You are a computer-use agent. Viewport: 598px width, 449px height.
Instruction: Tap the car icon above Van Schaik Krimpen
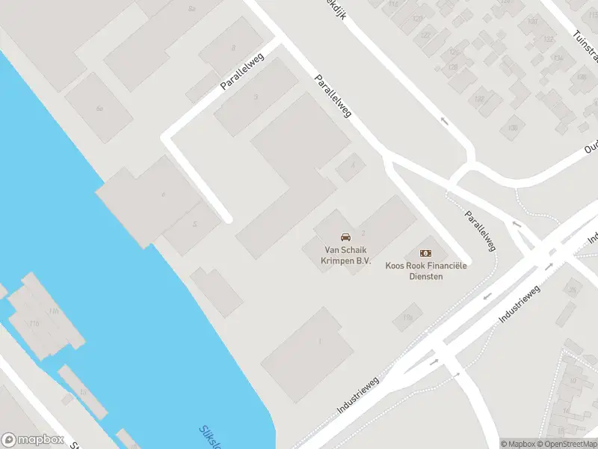point(345,236)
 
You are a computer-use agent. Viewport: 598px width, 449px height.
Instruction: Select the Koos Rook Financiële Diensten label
point(425,271)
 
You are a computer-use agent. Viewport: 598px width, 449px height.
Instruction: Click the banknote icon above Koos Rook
point(425,254)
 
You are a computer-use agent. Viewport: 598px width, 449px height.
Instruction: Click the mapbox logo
point(33,440)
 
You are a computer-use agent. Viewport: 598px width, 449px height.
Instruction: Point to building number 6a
point(99,109)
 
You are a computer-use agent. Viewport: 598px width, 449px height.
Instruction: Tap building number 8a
point(191,8)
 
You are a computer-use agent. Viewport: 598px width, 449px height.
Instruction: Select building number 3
point(256,97)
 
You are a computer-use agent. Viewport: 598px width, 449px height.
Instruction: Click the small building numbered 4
point(351,166)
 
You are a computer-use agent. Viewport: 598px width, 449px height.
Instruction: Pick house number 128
point(452,67)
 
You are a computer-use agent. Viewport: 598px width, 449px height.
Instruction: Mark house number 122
point(426,35)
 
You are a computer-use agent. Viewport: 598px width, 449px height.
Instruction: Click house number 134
point(556,57)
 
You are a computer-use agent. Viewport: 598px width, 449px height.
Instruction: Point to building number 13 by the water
point(83,391)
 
